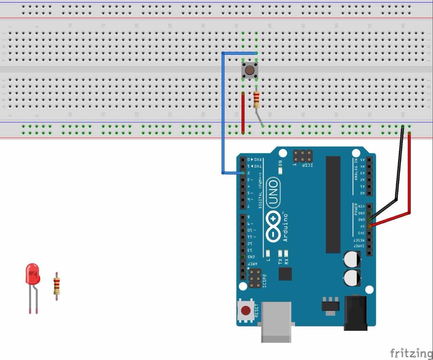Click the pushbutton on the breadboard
coord(250,70)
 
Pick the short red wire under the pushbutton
coord(243,113)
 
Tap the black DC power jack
coord(355,313)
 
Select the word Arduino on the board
coord(285,227)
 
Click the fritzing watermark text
coord(411,353)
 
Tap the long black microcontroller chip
coord(333,205)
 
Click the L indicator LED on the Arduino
coord(268,253)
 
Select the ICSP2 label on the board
coord(265,281)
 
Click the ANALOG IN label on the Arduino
coord(356,169)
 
